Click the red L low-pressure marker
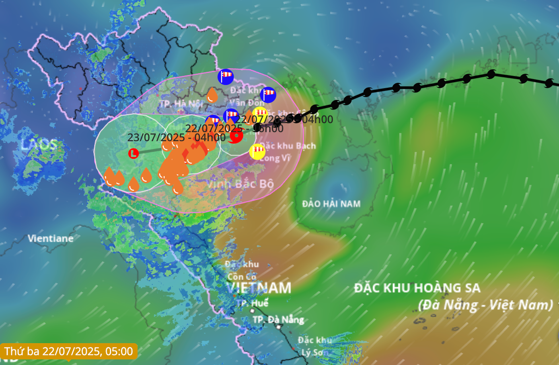tap(134, 153)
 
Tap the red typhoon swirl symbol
tap(236, 136)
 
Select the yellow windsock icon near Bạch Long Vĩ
tap(257, 151)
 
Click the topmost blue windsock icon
tap(226, 77)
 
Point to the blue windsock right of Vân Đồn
tap(268, 95)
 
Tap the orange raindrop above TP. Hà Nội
tap(212, 96)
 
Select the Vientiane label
tap(51, 239)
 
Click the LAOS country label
tap(39, 145)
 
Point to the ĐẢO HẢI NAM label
tap(331, 204)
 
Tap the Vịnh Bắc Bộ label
tap(240, 184)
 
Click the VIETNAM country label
tap(259, 288)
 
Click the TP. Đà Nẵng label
tap(278, 320)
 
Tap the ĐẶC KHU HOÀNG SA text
tap(417, 288)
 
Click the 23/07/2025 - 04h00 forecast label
tap(176, 138)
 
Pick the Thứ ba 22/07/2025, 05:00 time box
tap(69, 351)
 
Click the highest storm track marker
tap(491, 74)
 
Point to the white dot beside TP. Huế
tap(252, 311)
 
